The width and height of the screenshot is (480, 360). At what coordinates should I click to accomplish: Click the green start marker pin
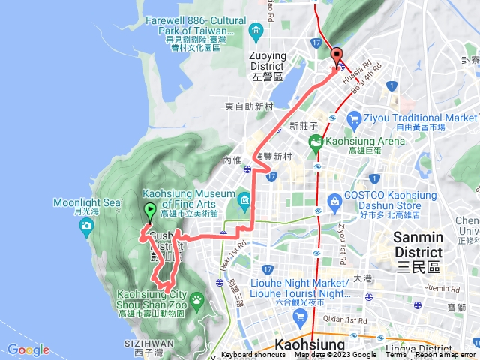click(150, 212)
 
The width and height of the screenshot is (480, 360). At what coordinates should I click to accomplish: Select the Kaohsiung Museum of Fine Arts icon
click(244, 199)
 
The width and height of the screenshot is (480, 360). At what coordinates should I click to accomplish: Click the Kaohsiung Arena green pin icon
click(316, 142)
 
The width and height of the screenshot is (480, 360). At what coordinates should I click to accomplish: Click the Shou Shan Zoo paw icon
click(197, 300)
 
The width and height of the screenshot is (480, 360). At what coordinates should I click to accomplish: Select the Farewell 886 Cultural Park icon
click(256, 31)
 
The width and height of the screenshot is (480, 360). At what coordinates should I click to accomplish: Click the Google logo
click(28, 349)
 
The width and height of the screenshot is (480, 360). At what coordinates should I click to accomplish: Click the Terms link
click(396, 355)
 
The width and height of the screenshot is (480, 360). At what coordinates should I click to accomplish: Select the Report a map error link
click(445, 355)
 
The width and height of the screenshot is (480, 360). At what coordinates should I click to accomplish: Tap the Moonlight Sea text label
click(87, 202)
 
